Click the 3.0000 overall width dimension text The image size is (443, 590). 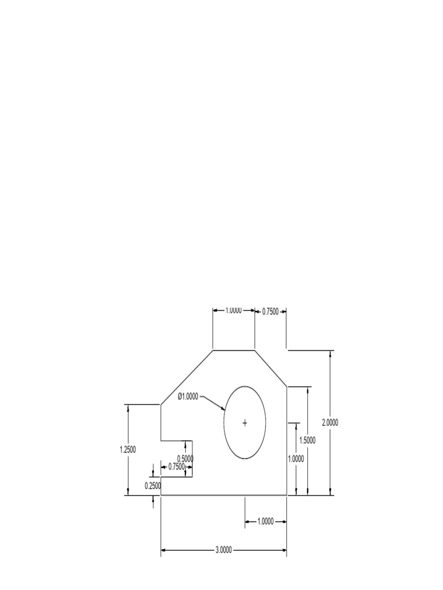pyautogui.click(x=223, y=550)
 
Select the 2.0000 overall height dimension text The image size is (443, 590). pyautogui.click(x=330, y=422)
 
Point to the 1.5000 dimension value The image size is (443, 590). pyautogui.click(x=307, y=440)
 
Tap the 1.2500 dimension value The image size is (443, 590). pyautogui.click(x=127, y=449)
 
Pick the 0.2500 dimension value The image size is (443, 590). pyautogui.click(x=152, y=486)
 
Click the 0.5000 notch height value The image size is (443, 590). pyautogui.click(x=185, y=459)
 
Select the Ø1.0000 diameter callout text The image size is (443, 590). pyautogui.click(x=188, y=396)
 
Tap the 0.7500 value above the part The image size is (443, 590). pyautogui.click(x=271, y=311)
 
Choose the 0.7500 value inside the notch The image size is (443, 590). pyautogui.click(x=177, y=466)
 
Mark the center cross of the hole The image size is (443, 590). pyautogui.click(x=245, y=423)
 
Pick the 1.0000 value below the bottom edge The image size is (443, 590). pyautogui.click(x=265, y=521)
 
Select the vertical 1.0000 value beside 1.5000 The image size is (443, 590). pyautogui.click(x=296, y=459)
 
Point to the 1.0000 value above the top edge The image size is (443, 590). pyautogui.click(x=233, y=310)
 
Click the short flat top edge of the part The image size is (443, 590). pyautogui.click(x=234, y=350)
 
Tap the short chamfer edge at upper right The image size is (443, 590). pyautogui.click(x=271, y=368)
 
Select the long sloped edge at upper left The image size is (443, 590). pyautogui.click(x=186, y=377)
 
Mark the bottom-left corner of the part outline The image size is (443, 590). pyautogui.click(x=161, y=495)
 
